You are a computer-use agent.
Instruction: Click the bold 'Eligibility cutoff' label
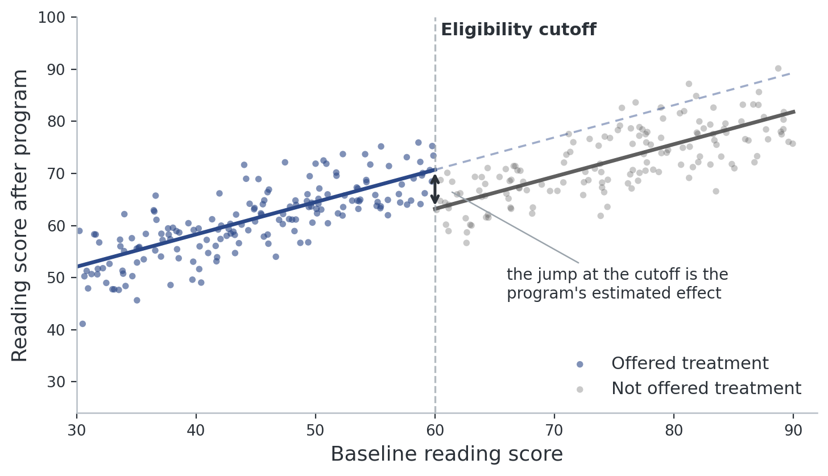518,30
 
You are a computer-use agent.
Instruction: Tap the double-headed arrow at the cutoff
435,189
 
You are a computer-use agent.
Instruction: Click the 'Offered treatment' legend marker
579,365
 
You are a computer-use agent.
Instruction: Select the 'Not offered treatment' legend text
706,388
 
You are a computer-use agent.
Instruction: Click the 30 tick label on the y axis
56,382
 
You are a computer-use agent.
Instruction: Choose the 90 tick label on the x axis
793,431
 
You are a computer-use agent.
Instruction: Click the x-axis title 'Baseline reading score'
446,454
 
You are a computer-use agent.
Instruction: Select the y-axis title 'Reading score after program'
19,216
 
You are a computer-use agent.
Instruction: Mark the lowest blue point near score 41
82,324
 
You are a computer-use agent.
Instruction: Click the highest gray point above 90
778,68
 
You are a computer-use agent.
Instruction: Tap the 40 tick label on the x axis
196,431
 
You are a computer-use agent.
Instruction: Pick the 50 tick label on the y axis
56,278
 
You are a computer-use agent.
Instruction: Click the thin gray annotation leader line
515,227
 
